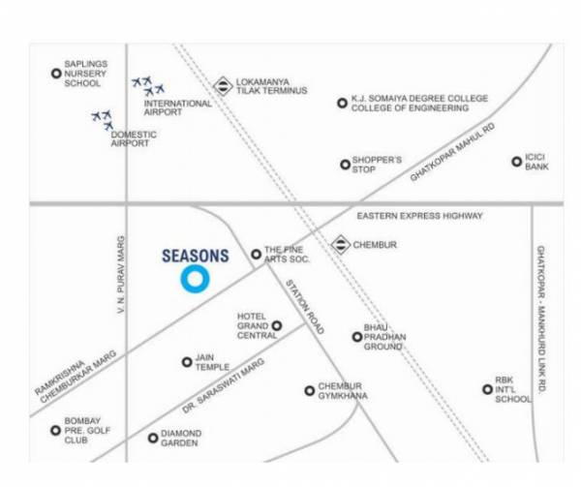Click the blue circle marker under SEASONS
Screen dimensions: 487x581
pyautogui.click(x=195, y=280)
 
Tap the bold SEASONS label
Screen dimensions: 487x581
pyautogui.click(x=195, y=257)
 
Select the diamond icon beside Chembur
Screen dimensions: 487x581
pyautogui.click(x=341, y=245)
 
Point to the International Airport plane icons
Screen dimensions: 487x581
pyautogui.click(x=148, y=86)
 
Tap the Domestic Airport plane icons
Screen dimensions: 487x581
pyautogui.click(x=103, y=120)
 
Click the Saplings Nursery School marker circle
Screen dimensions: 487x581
pyautogui.click(x=56, y=73)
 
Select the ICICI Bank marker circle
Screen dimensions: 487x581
pyautogui.click(x=516, y=162)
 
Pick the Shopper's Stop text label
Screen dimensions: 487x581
pyautogui.click(x=378, y=164)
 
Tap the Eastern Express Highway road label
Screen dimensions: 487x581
pyautogui.click(x=419, y=216)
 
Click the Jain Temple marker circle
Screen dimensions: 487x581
pyautogui.click(x=187, y=362)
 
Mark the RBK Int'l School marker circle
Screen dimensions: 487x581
pyautogui.click(x=488, y=389)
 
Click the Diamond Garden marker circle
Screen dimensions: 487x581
pyautogui.click(x=153, y=438)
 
